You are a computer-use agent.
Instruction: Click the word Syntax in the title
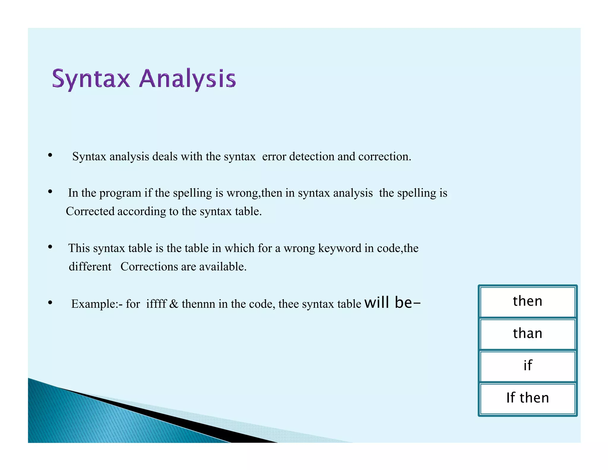click(x=91, y=79)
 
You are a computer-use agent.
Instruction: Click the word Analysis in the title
click(x=187, y=79)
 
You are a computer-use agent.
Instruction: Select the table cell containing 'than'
click(x=528, y=334)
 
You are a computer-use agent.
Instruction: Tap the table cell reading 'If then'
click(x=528, y=398)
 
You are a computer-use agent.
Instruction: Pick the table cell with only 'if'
click(x=528, y=366)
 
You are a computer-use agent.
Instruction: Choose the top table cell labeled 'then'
click(x=528, y=301)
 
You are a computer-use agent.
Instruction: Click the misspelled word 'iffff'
click(x=156, y=304)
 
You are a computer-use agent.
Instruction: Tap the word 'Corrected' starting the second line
click(x=90, y=212)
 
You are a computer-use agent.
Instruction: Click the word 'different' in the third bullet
click(x=90, y=267)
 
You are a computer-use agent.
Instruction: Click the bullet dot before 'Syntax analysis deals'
click(x=50, y=155)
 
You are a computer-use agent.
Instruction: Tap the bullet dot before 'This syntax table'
click(x=50, y=247)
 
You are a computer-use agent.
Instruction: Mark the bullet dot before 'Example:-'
click(x=50, y=303)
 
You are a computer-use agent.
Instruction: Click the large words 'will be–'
click(x=392, y=303)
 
